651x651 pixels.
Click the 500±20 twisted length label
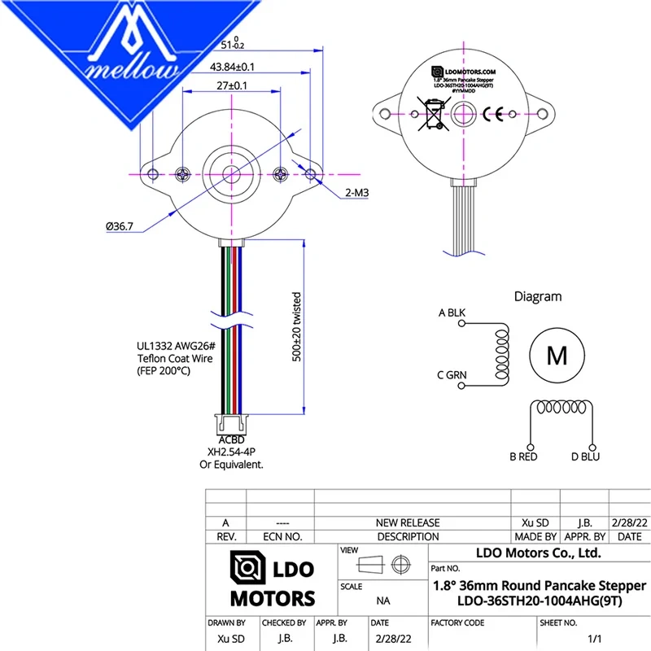tap(297, 326)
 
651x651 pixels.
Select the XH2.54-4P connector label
tap(231, 452)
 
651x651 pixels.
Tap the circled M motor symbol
tap(557, 355)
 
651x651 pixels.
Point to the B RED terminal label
tap(524, 457)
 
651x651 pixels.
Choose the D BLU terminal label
tap(585, 457)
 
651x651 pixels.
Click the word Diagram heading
tap(537, 297)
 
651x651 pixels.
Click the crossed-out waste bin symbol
tap(430, 115)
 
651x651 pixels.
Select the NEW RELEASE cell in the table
tap(408, 522)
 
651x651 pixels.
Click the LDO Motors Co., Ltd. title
tap(538, 553)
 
